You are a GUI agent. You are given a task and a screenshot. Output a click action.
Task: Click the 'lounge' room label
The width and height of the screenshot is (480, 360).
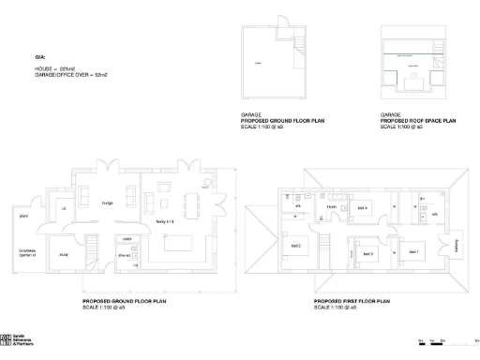(x=108, y=202)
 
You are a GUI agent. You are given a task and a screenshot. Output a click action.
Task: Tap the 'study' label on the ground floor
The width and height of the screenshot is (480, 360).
(x=65, y=253)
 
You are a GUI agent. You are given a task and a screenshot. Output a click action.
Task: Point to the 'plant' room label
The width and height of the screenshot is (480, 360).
(x=23, y=217)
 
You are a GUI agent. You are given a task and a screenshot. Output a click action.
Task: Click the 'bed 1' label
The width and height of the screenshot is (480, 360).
(x=412, y=251)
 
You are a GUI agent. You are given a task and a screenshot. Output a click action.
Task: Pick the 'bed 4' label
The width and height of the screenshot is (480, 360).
(x=362, y=206)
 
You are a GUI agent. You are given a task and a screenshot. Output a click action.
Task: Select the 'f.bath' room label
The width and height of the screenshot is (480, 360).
(x=332, y=207)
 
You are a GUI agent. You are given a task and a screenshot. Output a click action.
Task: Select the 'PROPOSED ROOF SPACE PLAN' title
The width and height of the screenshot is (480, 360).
(x=418, y=121)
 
